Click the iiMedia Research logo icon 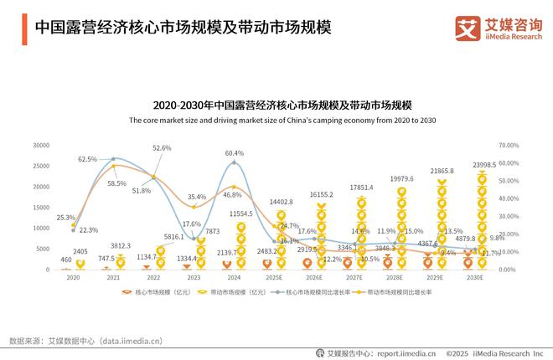coord(465,28)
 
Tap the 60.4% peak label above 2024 coord(235,153)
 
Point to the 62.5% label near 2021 coord(88,159)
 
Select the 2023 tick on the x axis coord(194,276)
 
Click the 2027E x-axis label coord(354,276)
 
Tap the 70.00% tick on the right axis coord(509,144)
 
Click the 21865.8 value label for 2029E coord(442,171)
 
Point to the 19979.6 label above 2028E coord(401,178)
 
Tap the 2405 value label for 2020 coord(80,251)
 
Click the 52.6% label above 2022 coord(162,148)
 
